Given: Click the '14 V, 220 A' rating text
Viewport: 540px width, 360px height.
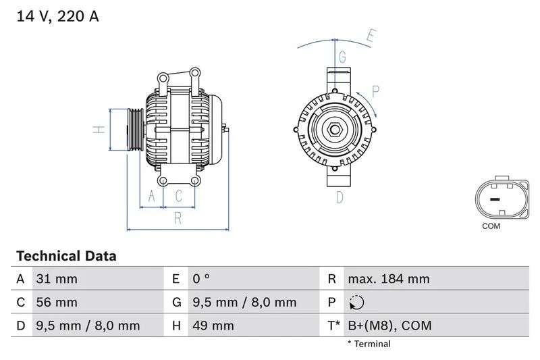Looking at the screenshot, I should (x=57, y=16).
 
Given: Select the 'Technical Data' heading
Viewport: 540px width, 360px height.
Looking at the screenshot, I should (x=66, y=256).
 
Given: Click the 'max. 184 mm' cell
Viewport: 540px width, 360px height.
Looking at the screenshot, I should (x=388, y=279).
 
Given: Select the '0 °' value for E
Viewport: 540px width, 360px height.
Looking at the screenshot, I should (x=201, y=279).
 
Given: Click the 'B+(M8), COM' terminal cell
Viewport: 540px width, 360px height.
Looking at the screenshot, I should (x=389, y=326).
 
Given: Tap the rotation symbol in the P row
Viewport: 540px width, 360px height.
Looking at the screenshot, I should (x=357, y=303).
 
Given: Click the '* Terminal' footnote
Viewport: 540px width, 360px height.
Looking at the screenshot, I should (x=369, y=344).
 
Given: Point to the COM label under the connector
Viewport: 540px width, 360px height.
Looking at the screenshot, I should (x=491, y=226).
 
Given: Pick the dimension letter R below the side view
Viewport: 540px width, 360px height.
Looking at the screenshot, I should (x=178, y=218).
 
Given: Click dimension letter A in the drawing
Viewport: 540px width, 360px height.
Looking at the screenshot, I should (x=152, y=197).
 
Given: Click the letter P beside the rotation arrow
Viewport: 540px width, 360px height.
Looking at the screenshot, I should (x=376, y=91).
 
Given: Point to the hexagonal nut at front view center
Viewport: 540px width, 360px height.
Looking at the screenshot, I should (x=335, y=129).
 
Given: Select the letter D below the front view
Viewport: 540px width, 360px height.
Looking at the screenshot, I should (x=340, y=197).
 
